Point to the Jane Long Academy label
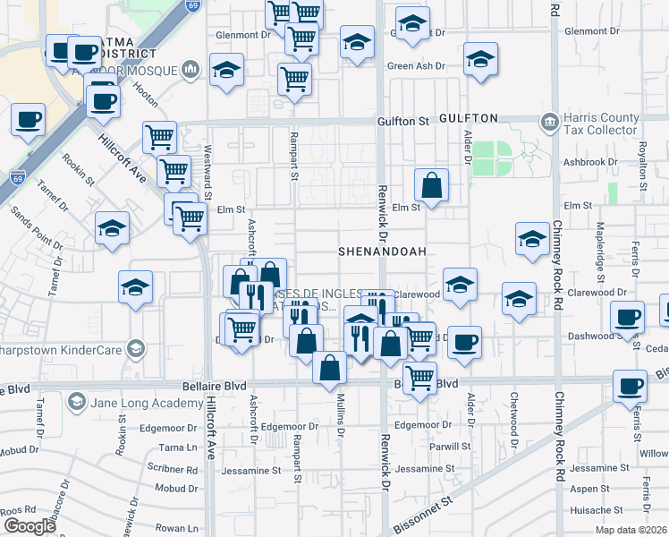coord(140,403)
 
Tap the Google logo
coord(30,526)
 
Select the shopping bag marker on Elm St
coord(431,186)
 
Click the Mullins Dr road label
coord(341,428)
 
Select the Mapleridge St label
coord(600,241)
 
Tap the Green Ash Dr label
coord(416,66)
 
